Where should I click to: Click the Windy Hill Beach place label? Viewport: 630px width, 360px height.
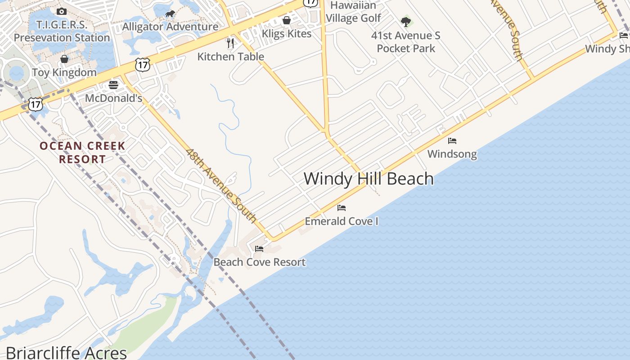tap(369, 179)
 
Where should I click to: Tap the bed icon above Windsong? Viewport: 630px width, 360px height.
tap(452, 141)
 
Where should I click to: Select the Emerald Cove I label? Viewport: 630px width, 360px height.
tap(342, 221)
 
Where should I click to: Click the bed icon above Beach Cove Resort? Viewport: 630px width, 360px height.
tap(259, 248)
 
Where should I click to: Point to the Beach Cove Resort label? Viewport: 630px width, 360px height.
tap(259, 262)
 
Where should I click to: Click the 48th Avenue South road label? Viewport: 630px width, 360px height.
tap(221, 186)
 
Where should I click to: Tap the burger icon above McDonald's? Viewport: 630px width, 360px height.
tap(113, 85)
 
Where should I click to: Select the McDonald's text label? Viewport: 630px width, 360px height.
tap(113, 98)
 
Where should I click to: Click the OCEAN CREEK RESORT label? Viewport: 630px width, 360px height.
tap(82, 152)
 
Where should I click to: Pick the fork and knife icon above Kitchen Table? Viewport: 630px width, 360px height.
tap(230, 43)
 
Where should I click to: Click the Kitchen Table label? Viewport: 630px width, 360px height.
tap(230, 56)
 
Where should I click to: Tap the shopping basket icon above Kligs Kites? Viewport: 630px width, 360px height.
tap(287, 20)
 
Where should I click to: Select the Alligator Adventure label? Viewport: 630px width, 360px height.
tap(170, 27)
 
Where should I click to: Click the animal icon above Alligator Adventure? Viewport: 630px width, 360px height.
tap(170, 14)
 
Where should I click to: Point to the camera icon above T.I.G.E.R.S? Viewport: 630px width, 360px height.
tap(62, 11)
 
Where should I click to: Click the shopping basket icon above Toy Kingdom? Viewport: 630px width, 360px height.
tap(64, 59)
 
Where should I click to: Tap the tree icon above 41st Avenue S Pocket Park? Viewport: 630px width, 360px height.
tap(406, 22)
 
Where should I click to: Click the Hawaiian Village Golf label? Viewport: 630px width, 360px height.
tap(353, 12)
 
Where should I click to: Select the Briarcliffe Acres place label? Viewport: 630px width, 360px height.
tap(66, 352)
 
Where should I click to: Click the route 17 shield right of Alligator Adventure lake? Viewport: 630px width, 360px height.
tap(142, 65)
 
